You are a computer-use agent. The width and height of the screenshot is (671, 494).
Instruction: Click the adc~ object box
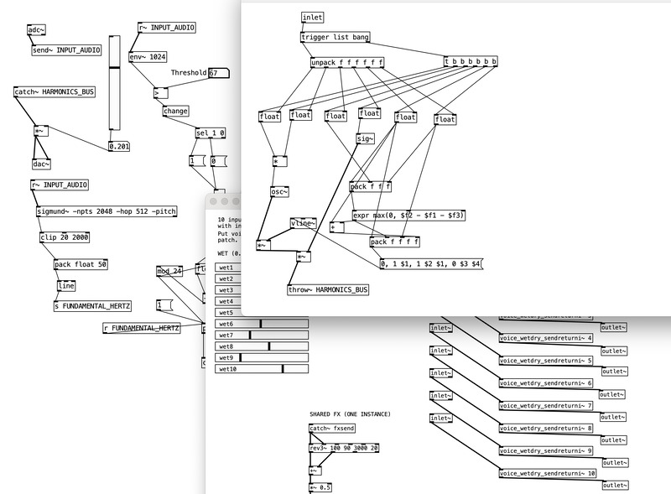(x=36, y=30)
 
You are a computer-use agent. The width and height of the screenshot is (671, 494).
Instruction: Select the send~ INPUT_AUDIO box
(x=66, y=50)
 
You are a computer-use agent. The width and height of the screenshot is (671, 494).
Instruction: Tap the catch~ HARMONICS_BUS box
(x=55, y=92)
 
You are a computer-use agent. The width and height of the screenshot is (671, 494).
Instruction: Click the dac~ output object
(x=41, y=164)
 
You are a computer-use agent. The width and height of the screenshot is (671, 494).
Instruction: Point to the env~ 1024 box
(x=148, y=57)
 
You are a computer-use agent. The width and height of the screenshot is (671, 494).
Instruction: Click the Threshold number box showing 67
(x=217, y=73)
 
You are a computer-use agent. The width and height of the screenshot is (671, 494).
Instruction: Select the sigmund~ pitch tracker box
(x=106, y=211)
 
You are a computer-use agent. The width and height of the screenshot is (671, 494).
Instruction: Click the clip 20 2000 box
(x=65, y=237)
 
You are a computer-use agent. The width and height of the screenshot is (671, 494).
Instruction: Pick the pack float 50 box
(x=81, y=264)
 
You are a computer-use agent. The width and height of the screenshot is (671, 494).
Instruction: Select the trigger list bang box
(x=335, y=38)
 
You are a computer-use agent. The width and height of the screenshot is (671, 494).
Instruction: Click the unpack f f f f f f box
(x=346, y=63)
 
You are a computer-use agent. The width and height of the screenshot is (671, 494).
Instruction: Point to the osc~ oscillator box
(x=279, y=192)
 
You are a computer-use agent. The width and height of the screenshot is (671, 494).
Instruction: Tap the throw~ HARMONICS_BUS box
(x=327, y=289)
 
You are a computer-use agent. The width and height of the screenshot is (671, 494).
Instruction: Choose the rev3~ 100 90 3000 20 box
(x=345, y=448)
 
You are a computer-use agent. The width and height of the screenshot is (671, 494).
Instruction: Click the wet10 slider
(x=263, y=368)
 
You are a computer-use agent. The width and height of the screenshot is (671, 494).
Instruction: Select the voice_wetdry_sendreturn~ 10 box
(x=548, y=473)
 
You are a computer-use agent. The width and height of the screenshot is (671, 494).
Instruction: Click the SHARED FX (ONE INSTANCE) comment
(x=350, y=414)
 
